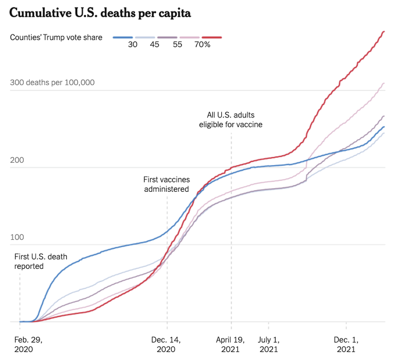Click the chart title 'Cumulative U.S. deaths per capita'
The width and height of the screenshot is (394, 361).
tap(100, 13)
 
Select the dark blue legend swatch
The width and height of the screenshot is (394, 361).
tap(123, 37)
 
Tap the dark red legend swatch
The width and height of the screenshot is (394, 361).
tap(211, 37)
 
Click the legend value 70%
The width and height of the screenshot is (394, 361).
tap(202, 45)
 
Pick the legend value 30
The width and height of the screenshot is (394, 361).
tap(133, 45)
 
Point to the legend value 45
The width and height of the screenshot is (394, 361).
tap(154, 45)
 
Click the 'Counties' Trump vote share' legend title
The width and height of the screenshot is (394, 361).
tap(56, 37)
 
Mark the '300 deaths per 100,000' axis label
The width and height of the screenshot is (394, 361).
tap(52, 82)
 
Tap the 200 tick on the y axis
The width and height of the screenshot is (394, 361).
tap(18, 160)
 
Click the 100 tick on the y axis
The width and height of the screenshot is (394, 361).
tap(18, 237)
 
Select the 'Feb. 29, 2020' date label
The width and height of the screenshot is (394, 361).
tap(28, 344)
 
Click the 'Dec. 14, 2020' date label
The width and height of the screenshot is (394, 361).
tap(167, 344)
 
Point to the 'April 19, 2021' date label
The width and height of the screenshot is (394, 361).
tap(231, 344)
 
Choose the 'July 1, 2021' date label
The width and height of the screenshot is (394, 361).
tap(269, 344)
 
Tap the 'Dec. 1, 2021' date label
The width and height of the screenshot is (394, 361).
tap(346, 344)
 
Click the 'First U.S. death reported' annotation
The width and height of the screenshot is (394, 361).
tap(41, 261)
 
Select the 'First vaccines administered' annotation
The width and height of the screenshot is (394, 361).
tap(166, 184)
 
